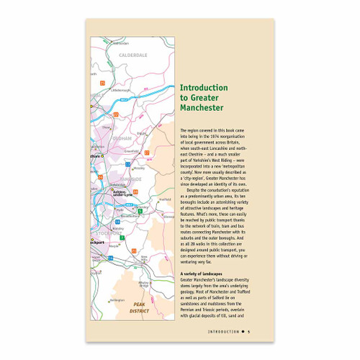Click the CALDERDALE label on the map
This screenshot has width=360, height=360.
coord(130,55)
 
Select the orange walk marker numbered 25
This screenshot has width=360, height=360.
coord(103,84)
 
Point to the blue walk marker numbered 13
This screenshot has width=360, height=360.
coord(127,164)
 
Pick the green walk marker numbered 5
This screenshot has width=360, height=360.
coord(140,210)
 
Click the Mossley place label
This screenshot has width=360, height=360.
coord(140,168)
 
